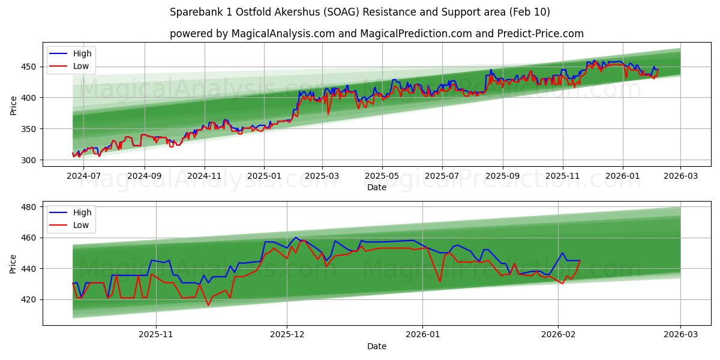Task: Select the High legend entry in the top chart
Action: pyautogui.click(x=82, y=53)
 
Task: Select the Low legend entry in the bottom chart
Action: pyautogui.click(x=81, y=225)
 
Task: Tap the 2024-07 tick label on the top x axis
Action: pyautogui.click(x=84, y=176)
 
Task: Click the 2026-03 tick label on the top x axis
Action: pyautogui.click(x=680, y=176)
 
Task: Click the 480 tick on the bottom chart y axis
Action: pyautogui.click(x=31, y=207)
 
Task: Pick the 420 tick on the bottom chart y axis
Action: pyautogui.click(x=31, y=299)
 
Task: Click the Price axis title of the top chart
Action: pyautogui.click(x=14, y=104)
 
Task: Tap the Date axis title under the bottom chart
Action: pyautogui.click(x=376, y=346)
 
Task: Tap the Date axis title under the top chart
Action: pyautogui.click(x=376, y=187)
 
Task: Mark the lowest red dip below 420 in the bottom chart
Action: pyautogui.click(x=209, y=305)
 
